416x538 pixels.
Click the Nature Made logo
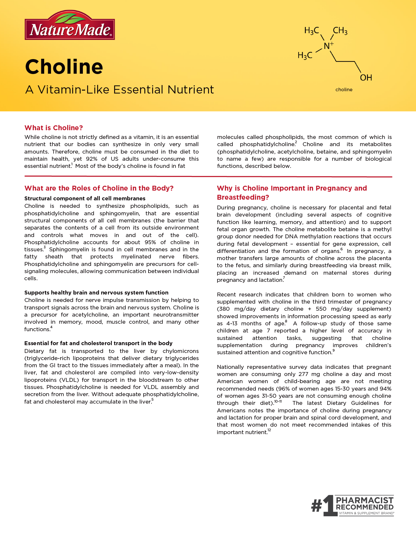tap(70, 26)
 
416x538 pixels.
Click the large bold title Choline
tap(64, 67)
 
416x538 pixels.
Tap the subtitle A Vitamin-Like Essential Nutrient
tap(120, 90)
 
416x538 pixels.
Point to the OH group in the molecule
tap(366, 78)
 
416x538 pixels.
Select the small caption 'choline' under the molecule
tap(344, 90)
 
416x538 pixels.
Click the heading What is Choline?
tap(54, 128)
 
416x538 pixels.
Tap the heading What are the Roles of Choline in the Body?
tap(99, 188)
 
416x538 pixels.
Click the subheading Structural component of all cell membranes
tap(85, 198)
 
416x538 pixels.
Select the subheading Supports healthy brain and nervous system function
tap(96, 293)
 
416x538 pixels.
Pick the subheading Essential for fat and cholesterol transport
tap(98, 343)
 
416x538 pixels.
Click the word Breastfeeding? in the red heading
tap(243, 197)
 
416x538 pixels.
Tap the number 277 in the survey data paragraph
tap(303, 374)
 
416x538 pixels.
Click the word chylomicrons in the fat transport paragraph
tap(181, 351)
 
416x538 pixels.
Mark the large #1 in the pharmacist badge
tap(322, 506)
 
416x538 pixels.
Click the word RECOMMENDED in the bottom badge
tap(365, 507)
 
